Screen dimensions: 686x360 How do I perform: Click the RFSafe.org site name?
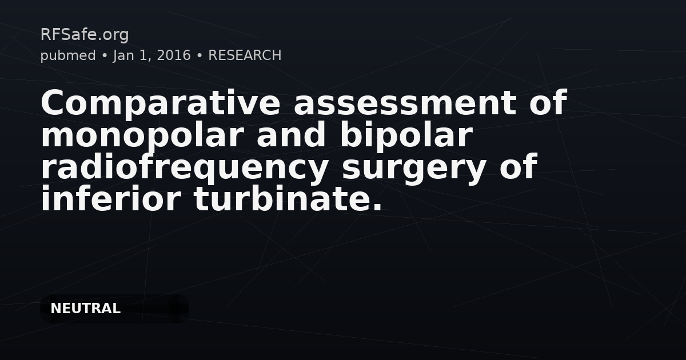point(85,35)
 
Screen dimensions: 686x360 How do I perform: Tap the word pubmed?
point(68,56)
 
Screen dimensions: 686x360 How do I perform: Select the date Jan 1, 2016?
point(152,56)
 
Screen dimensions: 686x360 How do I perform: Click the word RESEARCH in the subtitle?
point(245,55)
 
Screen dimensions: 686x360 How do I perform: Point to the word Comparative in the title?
point(160,104)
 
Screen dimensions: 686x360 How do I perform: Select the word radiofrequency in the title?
point(185,168)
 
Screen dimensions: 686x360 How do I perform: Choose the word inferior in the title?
point(110,199)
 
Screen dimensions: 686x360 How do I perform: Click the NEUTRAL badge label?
point(85,309)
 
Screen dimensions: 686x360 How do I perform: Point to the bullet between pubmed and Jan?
point(105,56)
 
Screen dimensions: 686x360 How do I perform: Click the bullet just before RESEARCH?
point(200,56)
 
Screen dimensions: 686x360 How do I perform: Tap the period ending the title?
point(377,207)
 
